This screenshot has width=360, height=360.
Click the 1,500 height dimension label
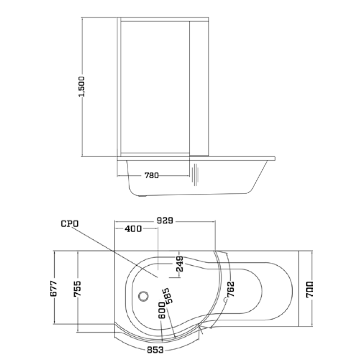(82, 86)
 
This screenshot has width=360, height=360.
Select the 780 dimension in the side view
(152, 175)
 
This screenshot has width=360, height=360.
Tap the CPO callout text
(70, 224)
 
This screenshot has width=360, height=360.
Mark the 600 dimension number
(162, 310)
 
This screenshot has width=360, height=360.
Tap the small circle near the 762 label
(225, 300)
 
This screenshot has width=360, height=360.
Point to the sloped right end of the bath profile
(260, 178)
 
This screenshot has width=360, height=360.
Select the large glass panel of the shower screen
(155, 86)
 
